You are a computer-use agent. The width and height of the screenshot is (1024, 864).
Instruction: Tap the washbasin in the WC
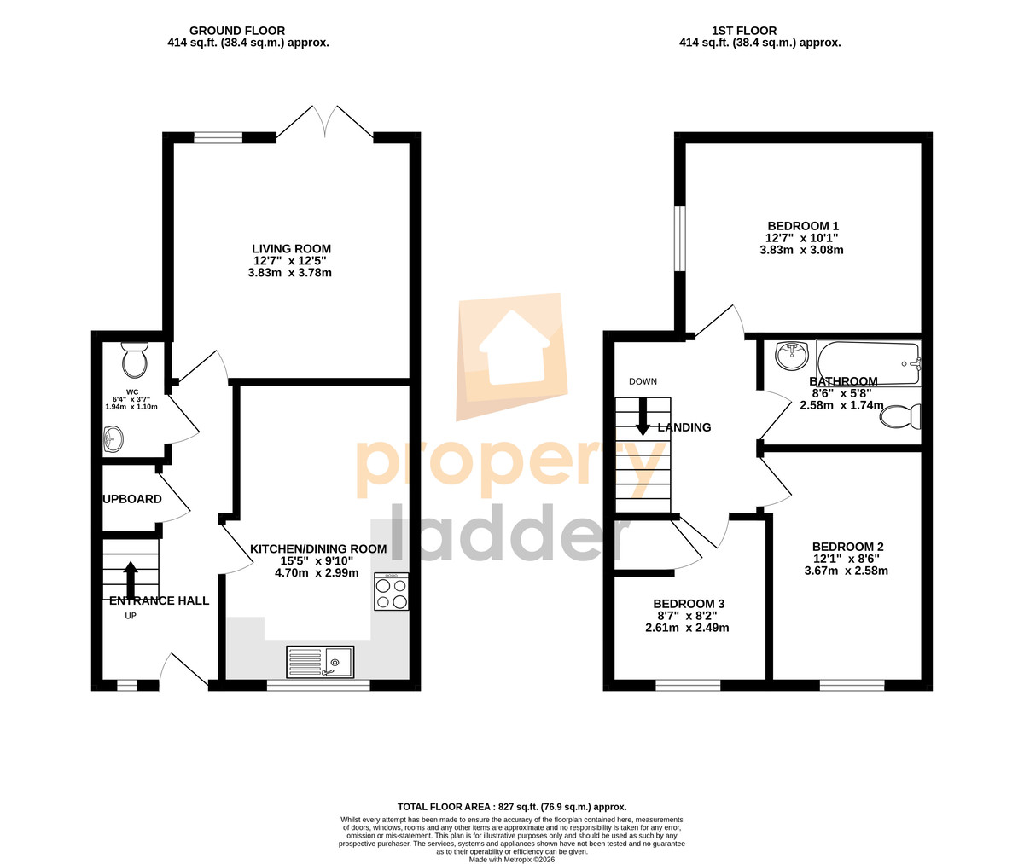113,439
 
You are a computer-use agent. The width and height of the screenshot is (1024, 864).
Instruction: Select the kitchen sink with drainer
320,662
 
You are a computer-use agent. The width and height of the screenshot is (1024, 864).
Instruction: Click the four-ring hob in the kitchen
391,591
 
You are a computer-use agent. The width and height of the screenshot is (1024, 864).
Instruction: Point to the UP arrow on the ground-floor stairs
131,581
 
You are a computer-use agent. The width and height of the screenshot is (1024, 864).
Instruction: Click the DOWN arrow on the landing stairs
643,416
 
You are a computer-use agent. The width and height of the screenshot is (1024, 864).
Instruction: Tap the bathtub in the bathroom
869,363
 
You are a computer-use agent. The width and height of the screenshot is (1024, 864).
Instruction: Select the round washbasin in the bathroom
792,355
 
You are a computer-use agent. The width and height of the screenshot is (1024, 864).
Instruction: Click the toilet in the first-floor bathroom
900,417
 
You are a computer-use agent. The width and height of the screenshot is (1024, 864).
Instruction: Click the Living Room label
291,248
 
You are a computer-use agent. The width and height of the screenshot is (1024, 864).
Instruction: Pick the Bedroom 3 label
689,604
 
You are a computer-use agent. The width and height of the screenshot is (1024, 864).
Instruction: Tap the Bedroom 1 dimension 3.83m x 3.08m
801,250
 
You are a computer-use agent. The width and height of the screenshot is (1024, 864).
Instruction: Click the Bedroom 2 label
848,546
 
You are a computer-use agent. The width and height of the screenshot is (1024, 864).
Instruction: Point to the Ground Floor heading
237,31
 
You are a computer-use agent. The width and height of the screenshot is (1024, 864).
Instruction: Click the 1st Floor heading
744,31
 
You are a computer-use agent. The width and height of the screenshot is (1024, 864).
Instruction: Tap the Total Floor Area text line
512,765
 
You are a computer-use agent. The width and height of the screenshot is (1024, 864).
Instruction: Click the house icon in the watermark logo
514,348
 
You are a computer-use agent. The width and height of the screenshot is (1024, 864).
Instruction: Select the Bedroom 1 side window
680,239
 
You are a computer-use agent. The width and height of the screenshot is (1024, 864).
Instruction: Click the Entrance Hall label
159,600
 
